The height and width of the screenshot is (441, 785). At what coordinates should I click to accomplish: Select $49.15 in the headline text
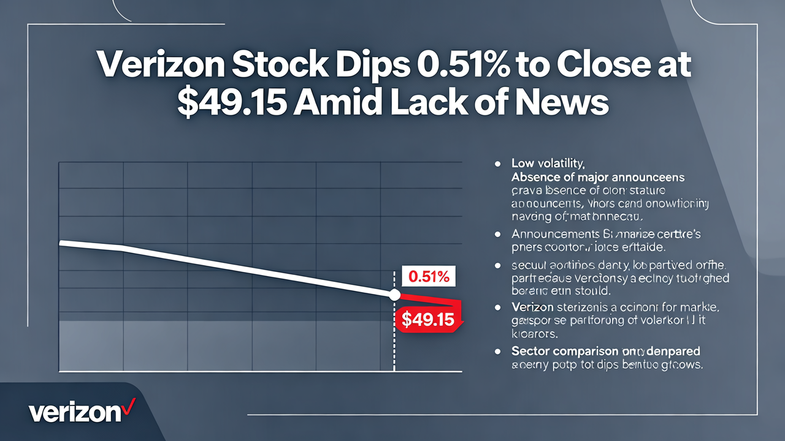pos(230,102)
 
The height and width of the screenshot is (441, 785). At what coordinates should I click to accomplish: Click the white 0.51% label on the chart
pos(429,277)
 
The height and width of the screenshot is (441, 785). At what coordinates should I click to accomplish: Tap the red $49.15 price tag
pos(427,319)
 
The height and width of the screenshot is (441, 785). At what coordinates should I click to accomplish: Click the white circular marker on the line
pos(394,295)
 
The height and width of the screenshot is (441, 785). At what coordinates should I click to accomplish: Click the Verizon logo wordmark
pos(74,412)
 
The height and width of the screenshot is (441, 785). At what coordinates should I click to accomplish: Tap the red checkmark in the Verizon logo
pos(128,406)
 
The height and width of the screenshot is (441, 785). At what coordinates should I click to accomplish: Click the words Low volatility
pos(548,164)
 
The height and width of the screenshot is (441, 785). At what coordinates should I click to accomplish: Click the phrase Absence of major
pos(557,177)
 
